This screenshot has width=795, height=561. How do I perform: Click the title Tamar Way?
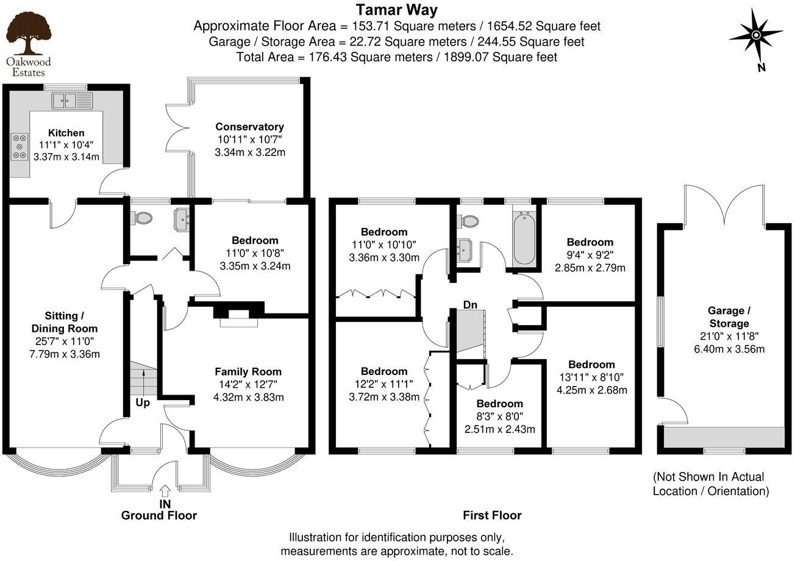pos(396,10)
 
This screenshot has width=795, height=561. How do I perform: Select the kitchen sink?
pos(71,100)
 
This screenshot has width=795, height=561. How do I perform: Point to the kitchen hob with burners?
pos(20,146)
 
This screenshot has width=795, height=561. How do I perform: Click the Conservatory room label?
pos(249,127)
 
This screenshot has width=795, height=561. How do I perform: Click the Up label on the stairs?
pos(143,403)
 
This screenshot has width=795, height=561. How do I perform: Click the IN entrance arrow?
pos(165,491)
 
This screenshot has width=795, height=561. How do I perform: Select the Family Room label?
pos(248,371)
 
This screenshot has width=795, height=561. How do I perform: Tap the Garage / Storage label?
pos(724,317)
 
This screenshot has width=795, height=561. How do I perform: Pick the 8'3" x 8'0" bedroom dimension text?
pos(499,416)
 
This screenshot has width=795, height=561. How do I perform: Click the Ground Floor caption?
pos(159,515)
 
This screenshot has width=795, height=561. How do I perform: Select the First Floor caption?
pos(492,515)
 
